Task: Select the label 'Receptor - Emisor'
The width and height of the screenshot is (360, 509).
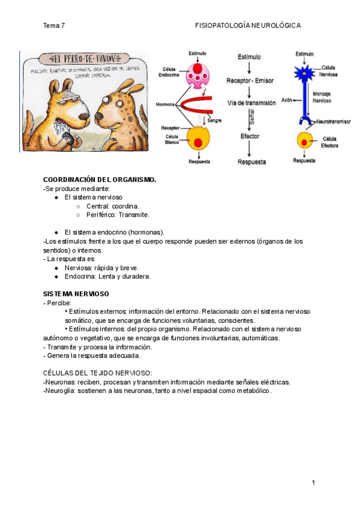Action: coord(251,80)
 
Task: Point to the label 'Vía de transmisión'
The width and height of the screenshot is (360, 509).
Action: coord(251,103)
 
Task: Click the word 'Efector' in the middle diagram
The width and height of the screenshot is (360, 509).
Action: coord(250,137)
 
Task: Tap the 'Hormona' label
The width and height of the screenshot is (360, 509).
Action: coord(165,104)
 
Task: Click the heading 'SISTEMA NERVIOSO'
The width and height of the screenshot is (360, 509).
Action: coord(76,294)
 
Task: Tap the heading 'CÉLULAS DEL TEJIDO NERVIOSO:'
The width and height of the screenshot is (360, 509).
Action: coord(97,373)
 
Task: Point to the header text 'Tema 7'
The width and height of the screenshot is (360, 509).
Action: coord(54,26)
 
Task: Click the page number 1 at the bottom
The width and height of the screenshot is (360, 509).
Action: coord(313,483)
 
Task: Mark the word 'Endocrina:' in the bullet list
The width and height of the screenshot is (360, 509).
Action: coord(80,277)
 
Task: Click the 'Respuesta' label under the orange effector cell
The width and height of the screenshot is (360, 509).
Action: coord(305,160)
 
